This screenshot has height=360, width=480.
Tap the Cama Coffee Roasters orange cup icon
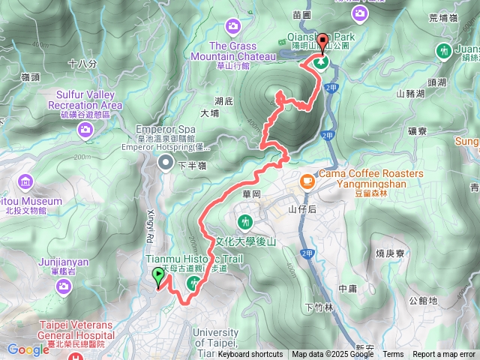307,181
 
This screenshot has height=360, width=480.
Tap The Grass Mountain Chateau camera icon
233,28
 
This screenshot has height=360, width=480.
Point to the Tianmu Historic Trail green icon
193,283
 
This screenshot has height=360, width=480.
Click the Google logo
28,349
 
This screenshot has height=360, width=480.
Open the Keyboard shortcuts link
250,355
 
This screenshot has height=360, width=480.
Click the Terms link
393,355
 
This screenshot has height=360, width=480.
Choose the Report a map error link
444,355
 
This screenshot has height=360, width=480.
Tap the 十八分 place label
82,64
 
